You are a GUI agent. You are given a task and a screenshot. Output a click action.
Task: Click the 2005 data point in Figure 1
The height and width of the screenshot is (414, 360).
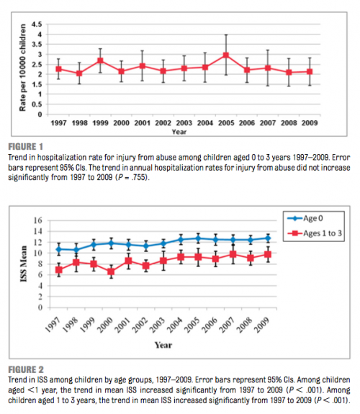(x=226, y=55)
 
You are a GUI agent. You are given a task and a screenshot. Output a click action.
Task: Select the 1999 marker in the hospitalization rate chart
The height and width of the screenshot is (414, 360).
(x=100, y=60)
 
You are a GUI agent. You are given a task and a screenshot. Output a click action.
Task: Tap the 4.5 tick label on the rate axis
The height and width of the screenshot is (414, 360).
(x=37, y=24)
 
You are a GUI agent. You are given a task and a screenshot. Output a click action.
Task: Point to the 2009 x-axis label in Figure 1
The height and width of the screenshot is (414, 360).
(x=310, y=123)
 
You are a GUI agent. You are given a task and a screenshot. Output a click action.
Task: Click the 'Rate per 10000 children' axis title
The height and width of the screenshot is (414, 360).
(x=23, y=68)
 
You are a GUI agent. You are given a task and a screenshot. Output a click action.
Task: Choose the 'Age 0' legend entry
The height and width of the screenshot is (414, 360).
(x=305, y=218)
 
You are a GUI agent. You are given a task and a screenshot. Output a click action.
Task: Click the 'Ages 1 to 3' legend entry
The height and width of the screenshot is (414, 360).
(x=315, y=233)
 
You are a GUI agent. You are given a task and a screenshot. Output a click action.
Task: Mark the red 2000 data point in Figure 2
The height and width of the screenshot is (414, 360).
(x=111, y=271)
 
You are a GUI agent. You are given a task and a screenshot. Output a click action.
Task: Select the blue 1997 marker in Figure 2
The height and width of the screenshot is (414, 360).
(x=59, y=249)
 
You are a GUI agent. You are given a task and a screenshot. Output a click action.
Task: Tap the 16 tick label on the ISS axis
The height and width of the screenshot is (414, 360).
(x=38, y=220)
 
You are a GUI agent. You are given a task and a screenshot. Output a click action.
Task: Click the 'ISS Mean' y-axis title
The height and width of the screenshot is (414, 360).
(x=24, y=264)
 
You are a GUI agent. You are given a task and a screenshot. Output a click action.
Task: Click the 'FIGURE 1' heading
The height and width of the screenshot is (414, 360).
(x=25, y=147)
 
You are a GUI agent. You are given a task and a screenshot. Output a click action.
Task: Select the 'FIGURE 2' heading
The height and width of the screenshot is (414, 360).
(x=26, y=369)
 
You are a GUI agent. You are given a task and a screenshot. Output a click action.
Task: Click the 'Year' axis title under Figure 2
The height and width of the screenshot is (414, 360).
(x=163, y=345)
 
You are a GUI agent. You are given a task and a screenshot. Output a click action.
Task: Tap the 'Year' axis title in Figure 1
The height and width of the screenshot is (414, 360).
(x=179, y=132)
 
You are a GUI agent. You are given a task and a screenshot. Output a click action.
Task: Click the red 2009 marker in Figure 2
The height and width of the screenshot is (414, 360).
(x=268, y=255)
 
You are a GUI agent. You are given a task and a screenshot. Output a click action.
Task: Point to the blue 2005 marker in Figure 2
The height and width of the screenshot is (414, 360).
(x=198, y=238)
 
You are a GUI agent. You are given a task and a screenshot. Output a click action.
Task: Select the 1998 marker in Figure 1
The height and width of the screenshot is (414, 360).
(x=79, y=73)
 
